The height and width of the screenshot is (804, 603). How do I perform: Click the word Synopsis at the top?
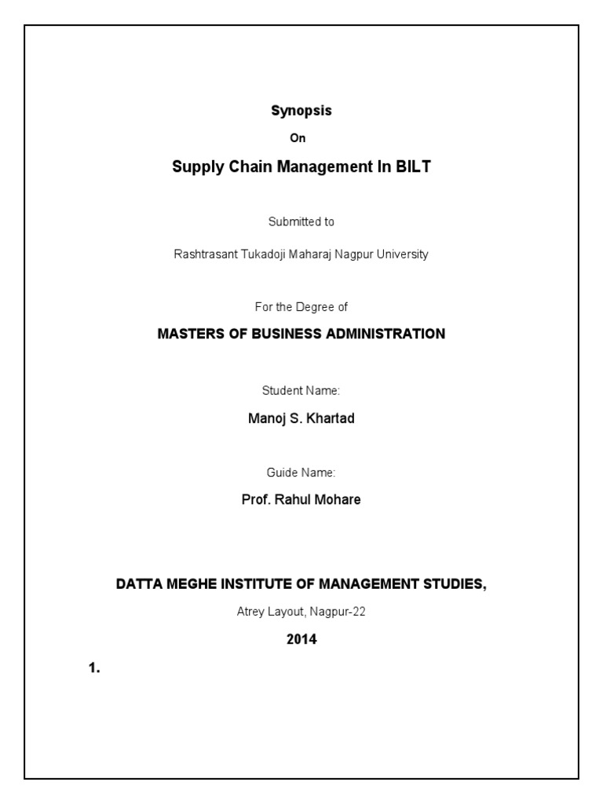click(x=301, y=111)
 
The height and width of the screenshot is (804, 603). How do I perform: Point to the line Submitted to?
click(x=301, y=221)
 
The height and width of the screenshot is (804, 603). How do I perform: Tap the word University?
click(x=401, y=255)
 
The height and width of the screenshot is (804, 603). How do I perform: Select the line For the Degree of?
click(x=301, y=307)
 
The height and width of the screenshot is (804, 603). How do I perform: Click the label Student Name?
click(x=301, y=390)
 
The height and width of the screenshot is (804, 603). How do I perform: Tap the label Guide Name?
click(x=301, y=472)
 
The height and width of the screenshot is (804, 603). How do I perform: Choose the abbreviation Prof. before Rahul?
click(x=256, y=500)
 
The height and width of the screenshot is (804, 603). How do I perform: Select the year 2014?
click(x=301, y=640)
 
